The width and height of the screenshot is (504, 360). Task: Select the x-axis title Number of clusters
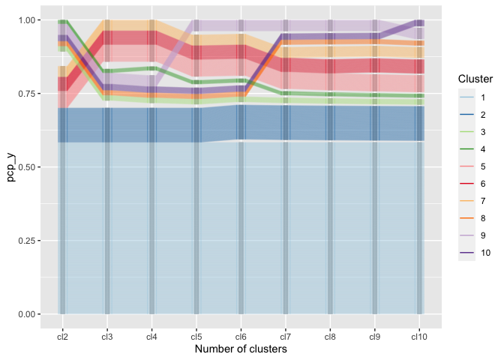click(241, 349)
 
